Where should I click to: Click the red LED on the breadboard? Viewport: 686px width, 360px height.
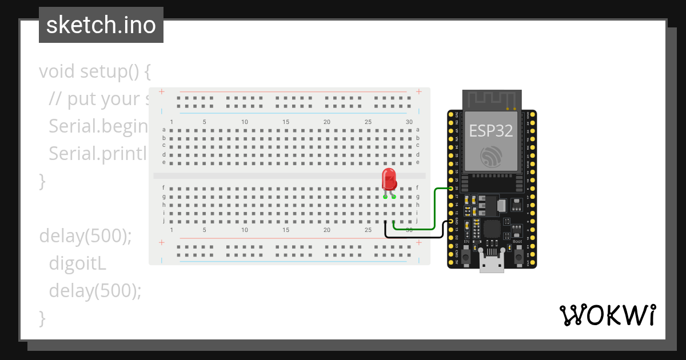(x=389, y=179)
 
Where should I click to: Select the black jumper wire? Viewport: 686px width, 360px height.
(x=417, y=236)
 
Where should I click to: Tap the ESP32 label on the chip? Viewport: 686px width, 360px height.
(x=491, y=130)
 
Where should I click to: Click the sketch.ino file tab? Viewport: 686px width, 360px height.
(x=101, y=25)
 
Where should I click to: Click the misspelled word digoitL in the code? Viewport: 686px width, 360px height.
(x=78, y=263)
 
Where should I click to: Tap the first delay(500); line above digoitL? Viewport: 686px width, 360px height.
(x=85, y=235)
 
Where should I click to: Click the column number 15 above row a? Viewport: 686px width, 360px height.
(x=286, y=122)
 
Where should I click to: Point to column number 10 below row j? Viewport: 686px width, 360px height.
(x=245, y=230)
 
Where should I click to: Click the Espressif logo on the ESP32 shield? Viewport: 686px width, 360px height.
(x=491, y=156)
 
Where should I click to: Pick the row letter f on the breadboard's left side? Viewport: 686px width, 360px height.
(x=163, y=187)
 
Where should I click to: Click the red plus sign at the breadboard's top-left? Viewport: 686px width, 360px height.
(x=162, y=91)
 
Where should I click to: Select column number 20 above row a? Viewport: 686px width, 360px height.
(x=327, y=122)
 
